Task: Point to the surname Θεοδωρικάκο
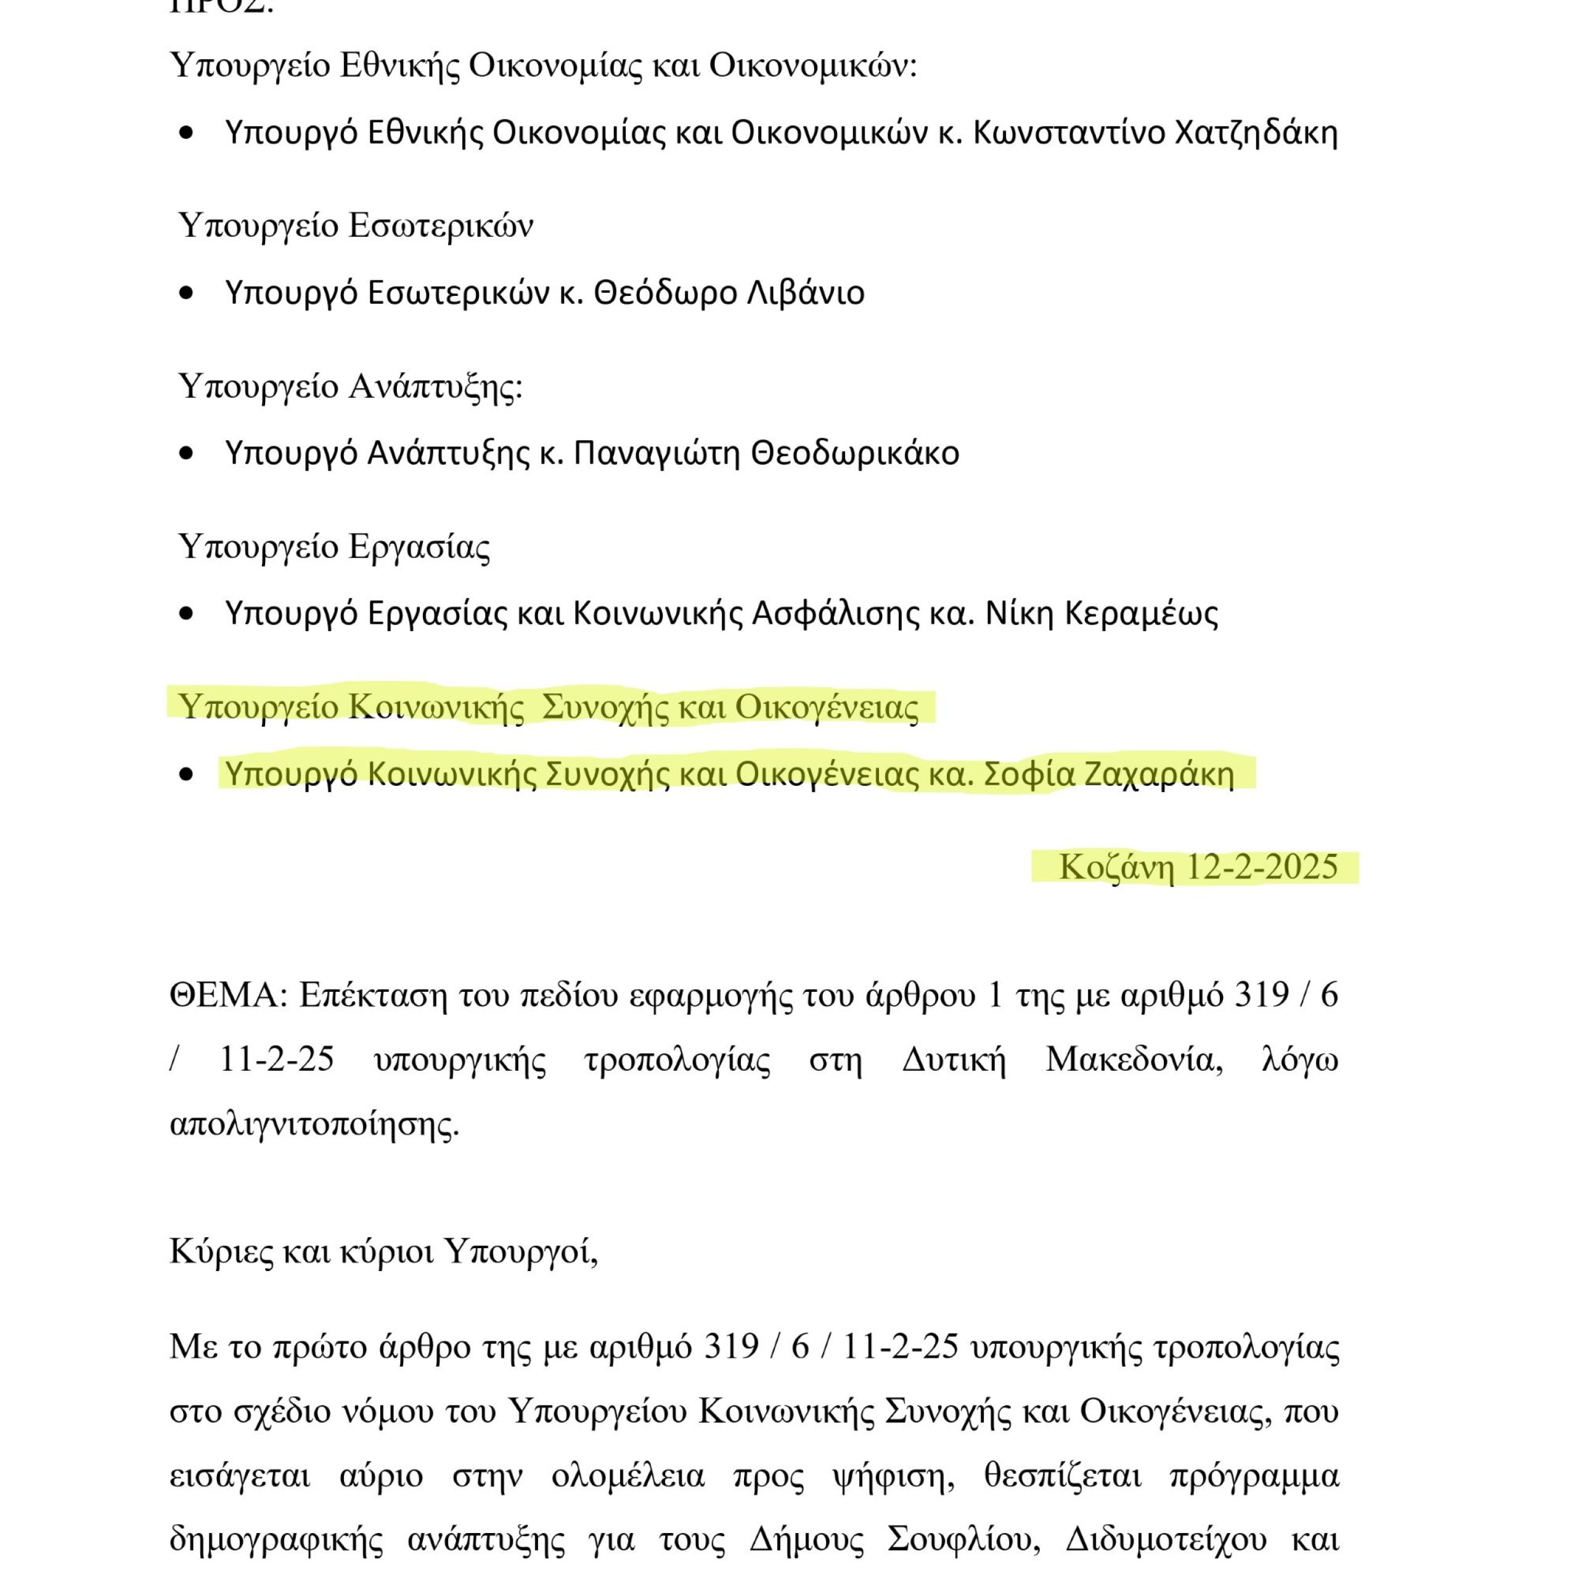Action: pyautogui.click(x=854, y=452)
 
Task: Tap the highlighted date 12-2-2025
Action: pyautogui.click(x=1261, y=867)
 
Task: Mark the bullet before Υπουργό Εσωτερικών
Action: pyautogui.click(x=187, y=293)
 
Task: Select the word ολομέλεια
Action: pyautogui.click(x=628, y=1475)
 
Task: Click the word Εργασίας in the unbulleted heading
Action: pyautogui.click(x=419, y=546)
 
